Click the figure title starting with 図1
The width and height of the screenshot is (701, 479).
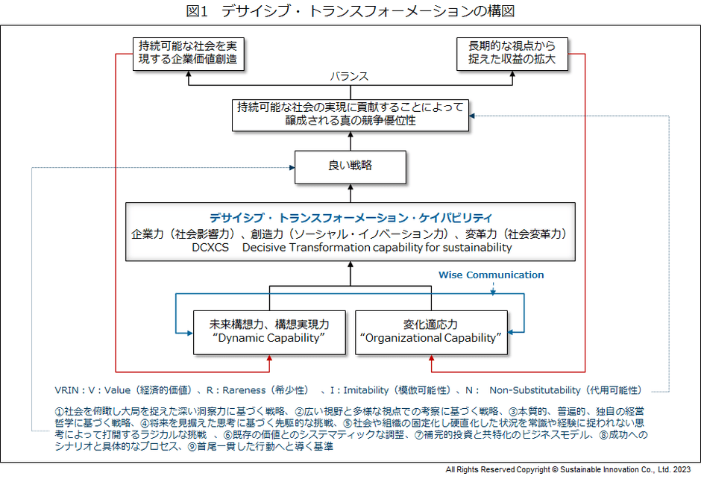[350, 11]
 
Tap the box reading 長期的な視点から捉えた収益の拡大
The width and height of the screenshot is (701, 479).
[511, 53]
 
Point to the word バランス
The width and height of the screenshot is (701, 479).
[350, 77]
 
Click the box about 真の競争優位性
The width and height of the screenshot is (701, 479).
[350, 114]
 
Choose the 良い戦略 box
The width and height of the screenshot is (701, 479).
[350, 166]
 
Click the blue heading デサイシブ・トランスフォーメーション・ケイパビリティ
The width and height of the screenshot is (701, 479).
[350, 218]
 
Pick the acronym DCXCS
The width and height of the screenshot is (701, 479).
[212, 247]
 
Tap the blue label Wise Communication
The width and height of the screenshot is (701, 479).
[491, 275]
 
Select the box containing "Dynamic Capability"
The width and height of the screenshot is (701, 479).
[269, 332]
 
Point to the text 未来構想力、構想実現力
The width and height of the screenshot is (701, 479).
[269, 325]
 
